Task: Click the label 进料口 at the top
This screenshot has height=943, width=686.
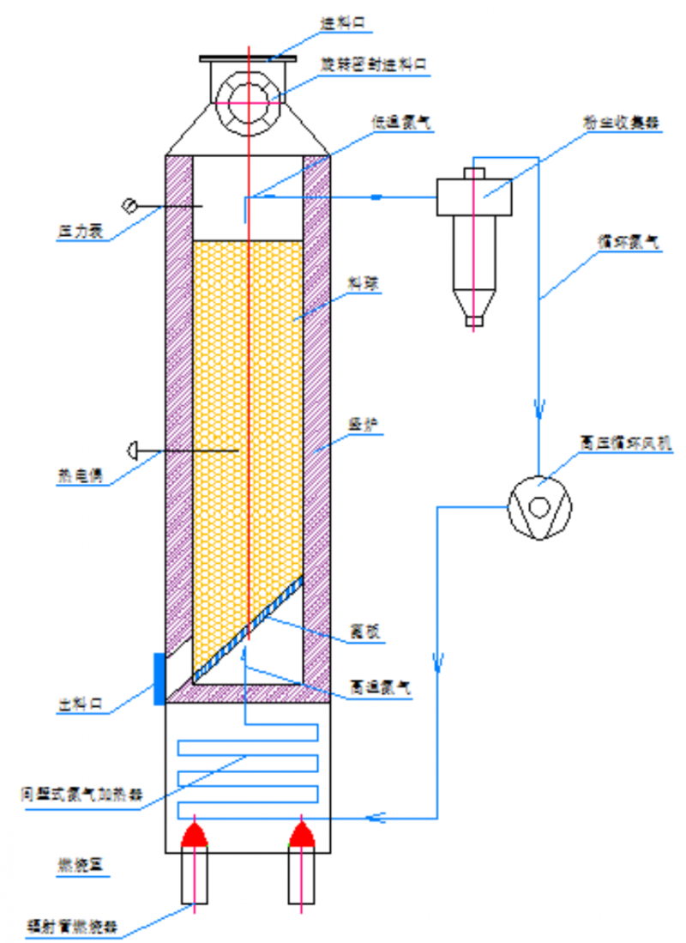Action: tap(346, 25)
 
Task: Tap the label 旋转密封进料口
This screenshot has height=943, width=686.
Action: tap(373, 65)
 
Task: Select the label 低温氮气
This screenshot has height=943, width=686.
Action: tap(402, 123)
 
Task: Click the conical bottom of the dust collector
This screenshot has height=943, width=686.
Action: tap(473, 305)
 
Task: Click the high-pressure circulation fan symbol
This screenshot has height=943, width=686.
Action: tap(538, 507)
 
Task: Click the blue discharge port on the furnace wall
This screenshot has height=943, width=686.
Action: tap(159, 678)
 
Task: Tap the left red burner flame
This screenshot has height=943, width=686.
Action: tap(195, 833)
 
